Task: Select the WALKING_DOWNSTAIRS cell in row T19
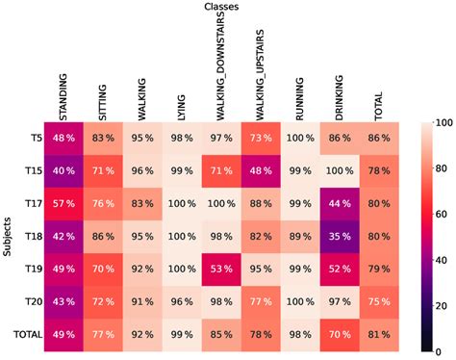219,270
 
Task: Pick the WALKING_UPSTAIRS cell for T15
258,170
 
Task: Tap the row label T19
32,270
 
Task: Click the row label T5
35,138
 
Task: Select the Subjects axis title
8,237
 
